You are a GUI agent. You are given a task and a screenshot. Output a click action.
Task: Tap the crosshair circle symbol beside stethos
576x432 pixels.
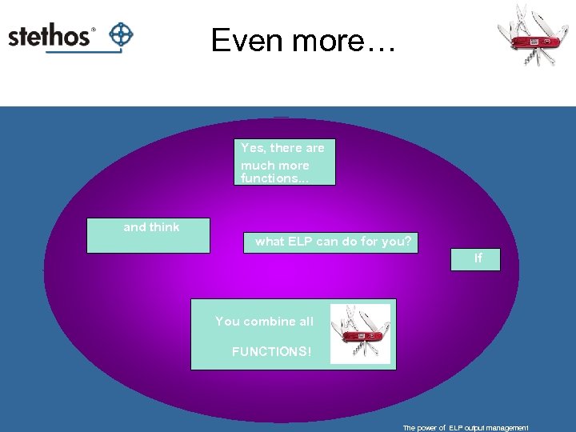tap(121, 34)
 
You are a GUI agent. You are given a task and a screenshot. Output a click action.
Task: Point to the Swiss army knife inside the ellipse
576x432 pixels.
tap(361, 334)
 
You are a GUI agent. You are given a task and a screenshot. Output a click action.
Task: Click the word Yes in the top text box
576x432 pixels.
tap(253, 148)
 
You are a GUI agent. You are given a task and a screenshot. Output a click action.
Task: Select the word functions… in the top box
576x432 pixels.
tap(274, 178)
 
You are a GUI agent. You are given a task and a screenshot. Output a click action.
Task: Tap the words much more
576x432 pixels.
tap(274, 165)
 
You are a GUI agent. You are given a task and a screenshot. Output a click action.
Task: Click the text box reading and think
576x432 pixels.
tap(148, 235)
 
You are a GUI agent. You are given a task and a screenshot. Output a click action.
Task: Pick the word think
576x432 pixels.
tap(165, 227)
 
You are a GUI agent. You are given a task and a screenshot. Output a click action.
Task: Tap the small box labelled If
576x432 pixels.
tap(478, 258)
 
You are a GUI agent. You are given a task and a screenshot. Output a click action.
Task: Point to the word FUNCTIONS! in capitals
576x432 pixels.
tap(271, 351)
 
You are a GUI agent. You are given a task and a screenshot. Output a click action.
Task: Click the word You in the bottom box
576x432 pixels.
tap(227, 322)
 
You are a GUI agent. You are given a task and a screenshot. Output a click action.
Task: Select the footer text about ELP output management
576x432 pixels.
tap(466, 428)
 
